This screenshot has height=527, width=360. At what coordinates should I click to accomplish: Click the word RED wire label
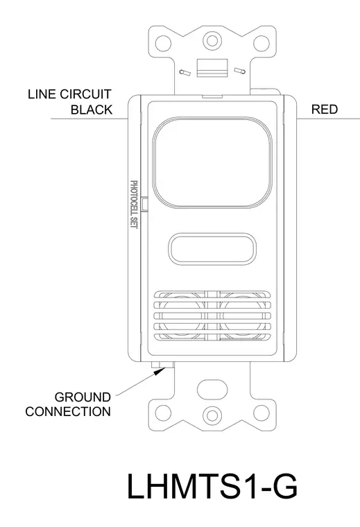(325, 110)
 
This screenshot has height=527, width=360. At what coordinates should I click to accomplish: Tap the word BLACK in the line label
(92, 110)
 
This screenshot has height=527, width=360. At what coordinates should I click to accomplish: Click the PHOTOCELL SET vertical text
(134, 205)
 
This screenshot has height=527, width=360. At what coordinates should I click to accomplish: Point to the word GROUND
(83, 397)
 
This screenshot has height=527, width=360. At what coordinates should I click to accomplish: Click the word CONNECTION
(68, 412)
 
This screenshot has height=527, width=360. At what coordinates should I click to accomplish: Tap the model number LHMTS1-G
(212, 486)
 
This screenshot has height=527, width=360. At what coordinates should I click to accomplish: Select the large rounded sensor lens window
(212, 162)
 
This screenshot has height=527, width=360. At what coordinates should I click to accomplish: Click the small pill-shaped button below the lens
(212, 249)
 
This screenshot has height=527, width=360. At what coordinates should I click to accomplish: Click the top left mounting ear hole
(164, 43)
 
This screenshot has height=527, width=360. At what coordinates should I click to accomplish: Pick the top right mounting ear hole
(262, 43)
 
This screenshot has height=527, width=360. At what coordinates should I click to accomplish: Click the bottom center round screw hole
(212, 415)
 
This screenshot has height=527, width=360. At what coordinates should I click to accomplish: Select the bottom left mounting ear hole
(164, 413)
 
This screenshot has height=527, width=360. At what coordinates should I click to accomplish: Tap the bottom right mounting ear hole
(262, 413)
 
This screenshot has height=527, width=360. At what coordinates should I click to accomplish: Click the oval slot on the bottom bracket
(212, 390)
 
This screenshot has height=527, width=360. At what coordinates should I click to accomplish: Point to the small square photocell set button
(145, 204)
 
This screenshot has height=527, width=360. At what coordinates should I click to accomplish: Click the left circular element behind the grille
(182, 316)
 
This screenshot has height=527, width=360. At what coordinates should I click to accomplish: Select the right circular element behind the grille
(243, 316)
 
